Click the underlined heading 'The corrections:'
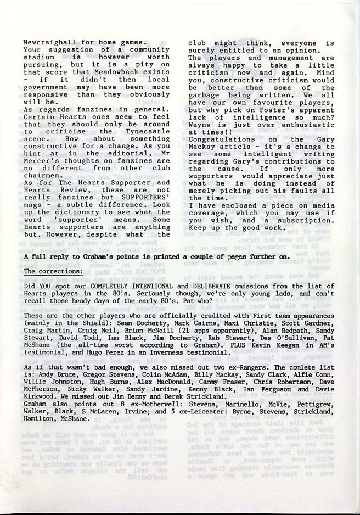[54, 271]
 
